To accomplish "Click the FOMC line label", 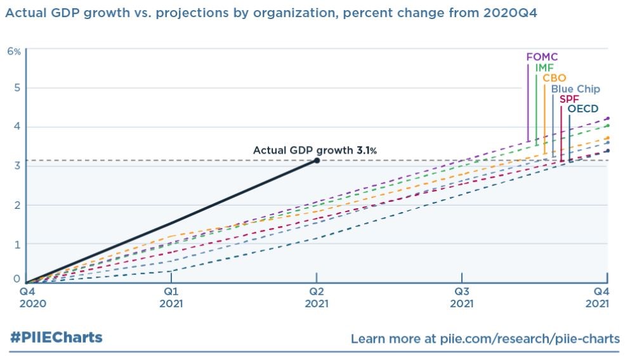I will click(541, 57).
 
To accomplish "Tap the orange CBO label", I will click(554, 79).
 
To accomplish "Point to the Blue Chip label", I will click(575, 90).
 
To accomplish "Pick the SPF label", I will click(569, 100).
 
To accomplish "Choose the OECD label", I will click(582, 109).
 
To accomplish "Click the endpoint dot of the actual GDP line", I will click(317, 161).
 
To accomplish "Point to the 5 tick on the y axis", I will click(17, 88).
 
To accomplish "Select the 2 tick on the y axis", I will click(17, 205).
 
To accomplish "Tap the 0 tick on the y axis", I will click(17, 279).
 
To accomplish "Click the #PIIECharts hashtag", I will click(56, 337).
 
